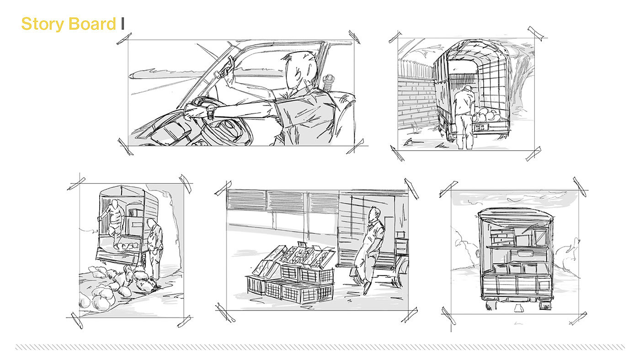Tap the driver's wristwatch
211,111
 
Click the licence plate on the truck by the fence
481,127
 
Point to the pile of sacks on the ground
117,283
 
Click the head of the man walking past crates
374,213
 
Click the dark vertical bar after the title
123,24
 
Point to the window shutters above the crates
283,201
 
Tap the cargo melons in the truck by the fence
487,115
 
